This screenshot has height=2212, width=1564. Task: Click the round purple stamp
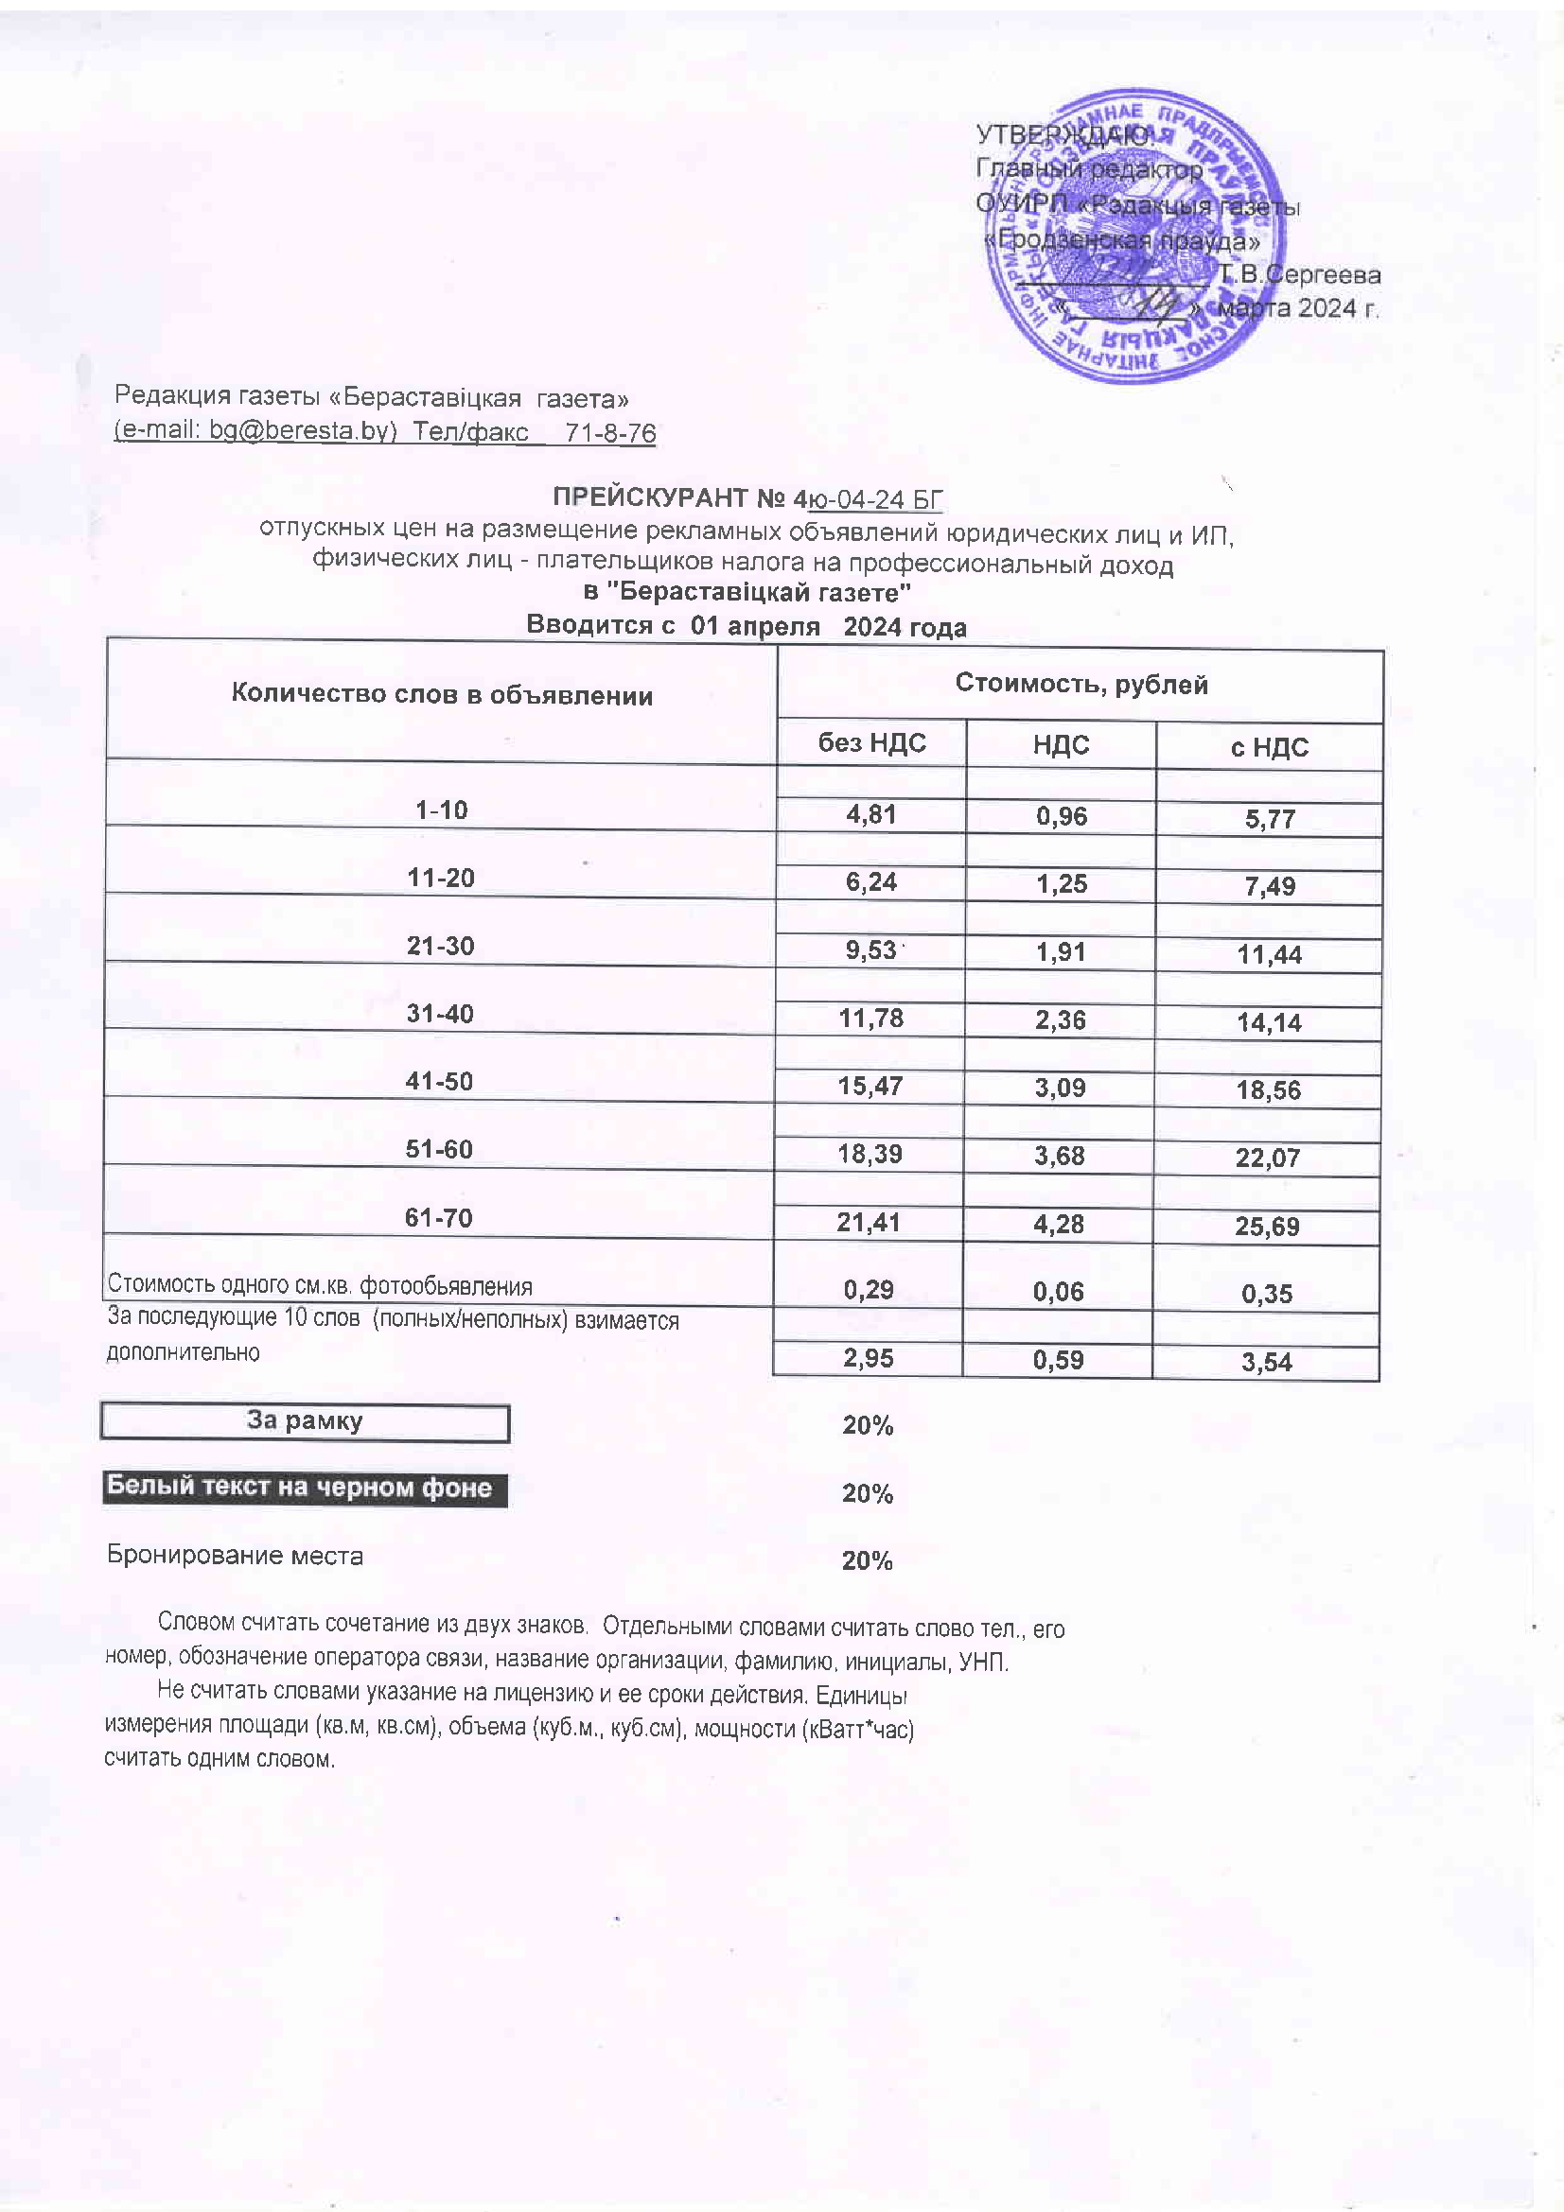pyautogui.click(x=1138, y=236)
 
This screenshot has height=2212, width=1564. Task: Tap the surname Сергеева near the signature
pyautogui.click(x=1322, y=275)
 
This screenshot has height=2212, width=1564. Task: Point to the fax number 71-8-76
pyautogui.click(x=610, y=433)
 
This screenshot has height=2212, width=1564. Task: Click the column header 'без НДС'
pyautogui.click(x=871, y=742)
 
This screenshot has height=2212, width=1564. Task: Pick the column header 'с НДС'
pyautogui.click(x=1269, y=748)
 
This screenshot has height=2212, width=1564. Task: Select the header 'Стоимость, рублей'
pyautogui.click(x=1081, y=684)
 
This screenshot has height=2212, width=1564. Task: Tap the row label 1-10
pyautogui.click(x=440, y=810)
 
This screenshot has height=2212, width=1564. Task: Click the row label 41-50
pyautogui.click(x=439, y=1081)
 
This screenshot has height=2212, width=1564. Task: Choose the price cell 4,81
pyautogui.click(x=871, y=814)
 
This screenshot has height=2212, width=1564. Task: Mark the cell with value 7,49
pyautogui.click(x=1269, y=886)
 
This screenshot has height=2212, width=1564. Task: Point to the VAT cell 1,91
pyautogui.click(x=1060, y=952)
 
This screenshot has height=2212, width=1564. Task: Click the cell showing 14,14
pyautogui.click(x=1269, y=1023)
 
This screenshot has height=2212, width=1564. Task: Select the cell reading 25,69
pyautogui.click(x=1267, y=1227)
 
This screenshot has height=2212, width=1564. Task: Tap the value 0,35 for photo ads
pyautogui.click(x=1266, y=1294)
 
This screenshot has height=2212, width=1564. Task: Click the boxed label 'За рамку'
pyautogui.click(x=305, y=1421)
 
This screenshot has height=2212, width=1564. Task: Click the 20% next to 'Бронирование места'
pyautogui.click(x=868, y=1560)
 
